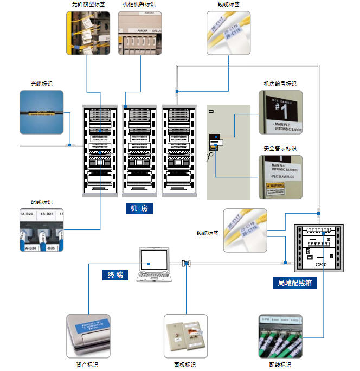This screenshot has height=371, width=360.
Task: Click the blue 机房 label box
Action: click(139, 208)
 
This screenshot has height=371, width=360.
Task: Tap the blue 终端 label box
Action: click(115, 275)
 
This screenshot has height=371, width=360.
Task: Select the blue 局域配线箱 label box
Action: click(294, 283)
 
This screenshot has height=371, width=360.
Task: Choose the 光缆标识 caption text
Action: click(42, 84)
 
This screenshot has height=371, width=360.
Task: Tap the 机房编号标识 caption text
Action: click(280, 84)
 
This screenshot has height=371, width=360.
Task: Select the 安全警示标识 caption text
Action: click(280, 148)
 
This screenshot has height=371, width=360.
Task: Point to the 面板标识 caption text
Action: click(184, 365)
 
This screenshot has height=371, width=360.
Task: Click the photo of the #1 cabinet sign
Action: click(280, 112)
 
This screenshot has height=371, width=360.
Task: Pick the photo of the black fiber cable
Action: click(42, 112)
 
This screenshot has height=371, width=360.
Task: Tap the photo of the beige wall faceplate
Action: click(185, 336)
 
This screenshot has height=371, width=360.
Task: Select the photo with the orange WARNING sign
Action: click(280, 176)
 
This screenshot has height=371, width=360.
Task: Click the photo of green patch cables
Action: click(280, 336)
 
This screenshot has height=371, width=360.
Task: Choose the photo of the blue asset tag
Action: click(88, 336)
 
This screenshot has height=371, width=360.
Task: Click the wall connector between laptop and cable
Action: click(186, 264)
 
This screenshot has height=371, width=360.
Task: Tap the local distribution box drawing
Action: click(319, 247)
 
